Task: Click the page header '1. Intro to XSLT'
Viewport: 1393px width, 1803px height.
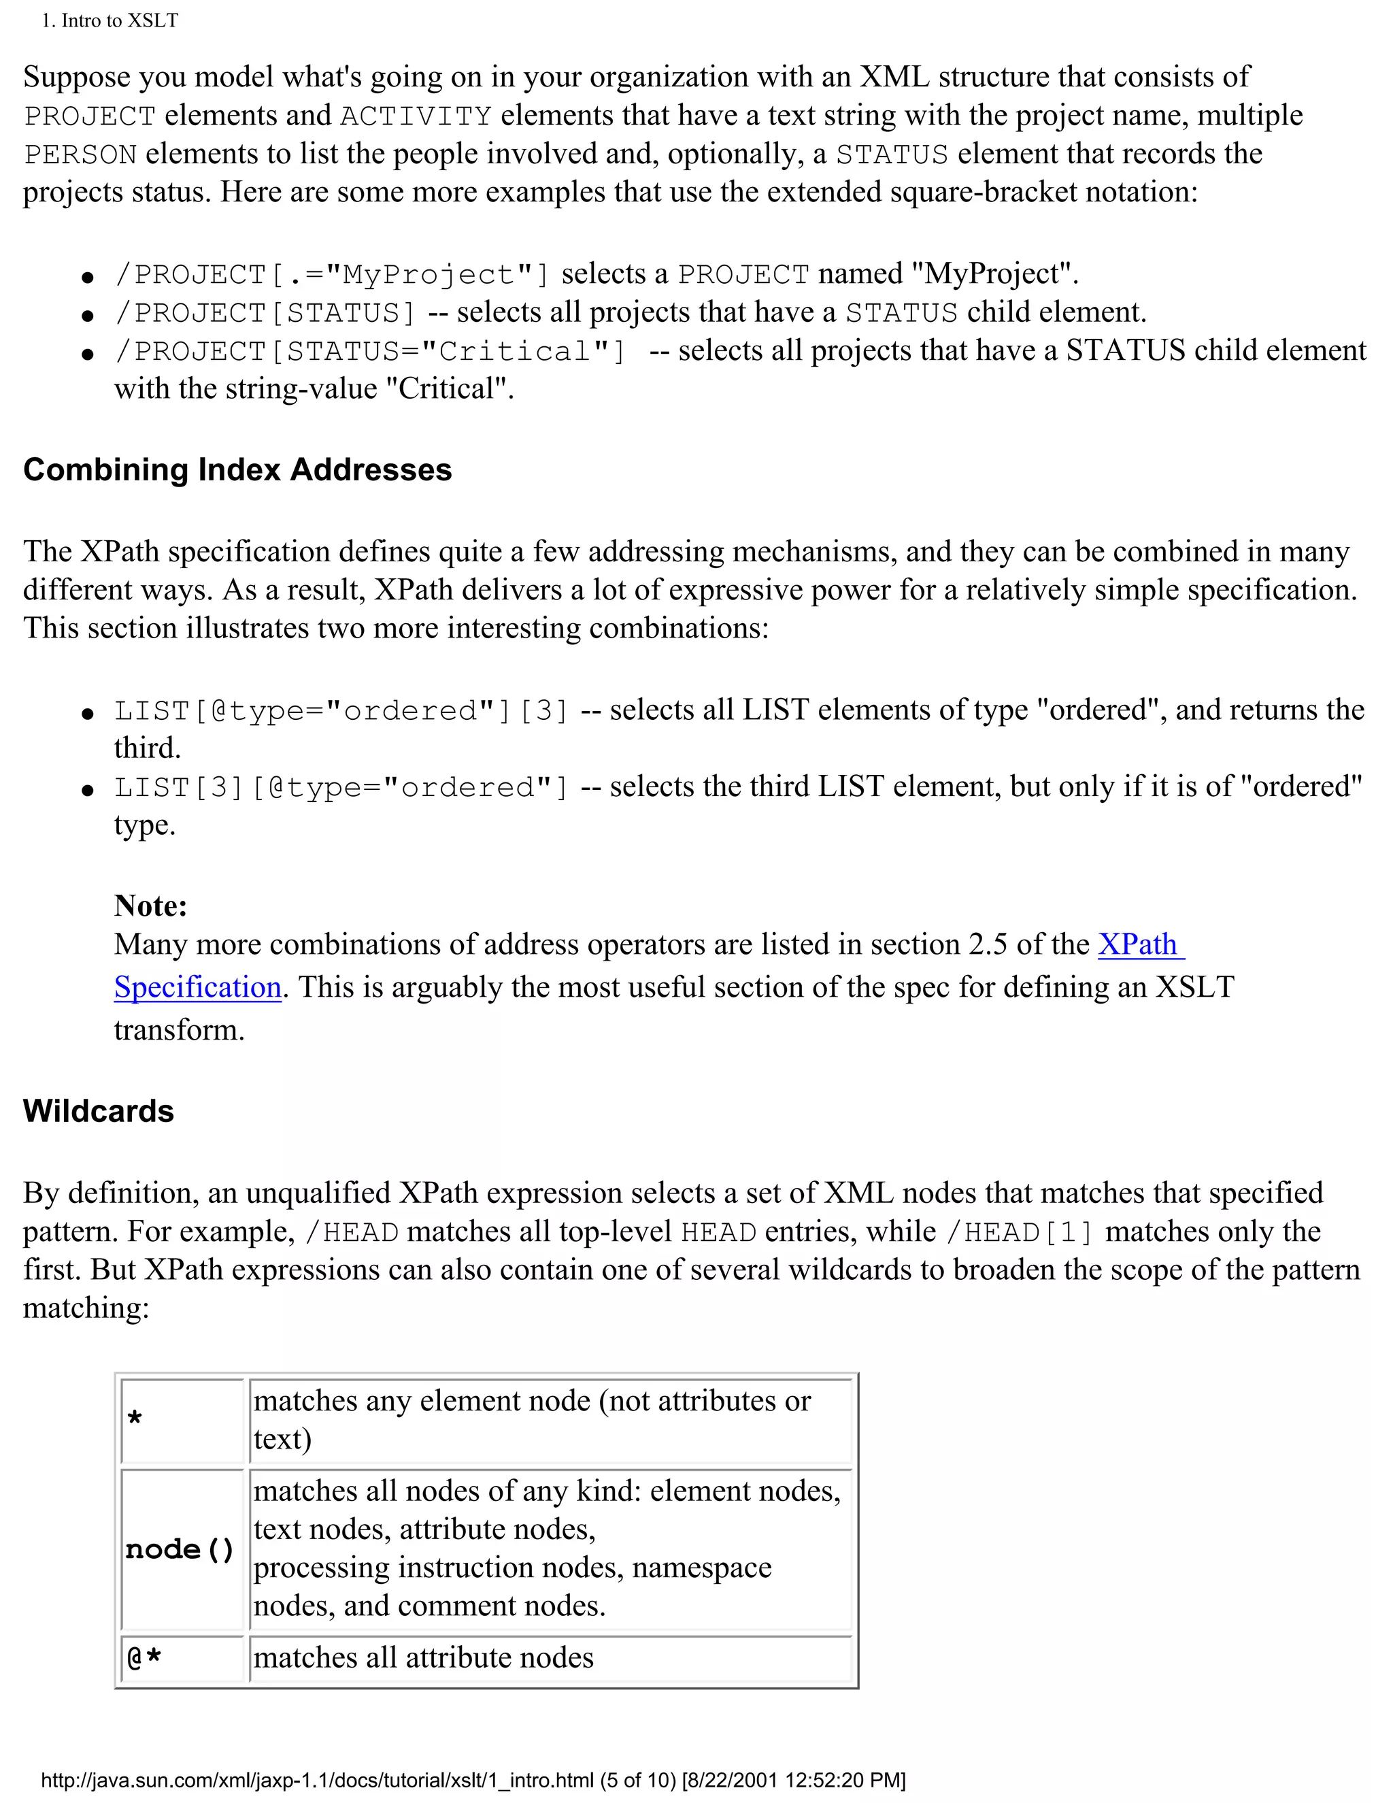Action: click(x=110, y=20)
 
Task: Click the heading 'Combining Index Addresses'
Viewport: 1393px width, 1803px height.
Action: click(x=237, y=469)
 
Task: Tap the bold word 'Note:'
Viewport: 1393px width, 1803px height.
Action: click(x=150, y=906)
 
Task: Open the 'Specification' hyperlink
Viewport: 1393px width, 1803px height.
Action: click(x=198, y=987)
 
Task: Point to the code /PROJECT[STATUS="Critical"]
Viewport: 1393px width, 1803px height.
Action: click(x=371, y=352)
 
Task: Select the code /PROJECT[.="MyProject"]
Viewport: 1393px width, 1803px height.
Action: click(x=332, y=275)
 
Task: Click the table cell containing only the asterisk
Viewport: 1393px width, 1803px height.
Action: click(x=182, y=1420)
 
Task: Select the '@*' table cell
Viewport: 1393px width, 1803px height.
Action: click(x=182, y=1657)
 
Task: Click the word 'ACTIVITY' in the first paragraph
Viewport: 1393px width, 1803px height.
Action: click(x=416, y=116)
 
